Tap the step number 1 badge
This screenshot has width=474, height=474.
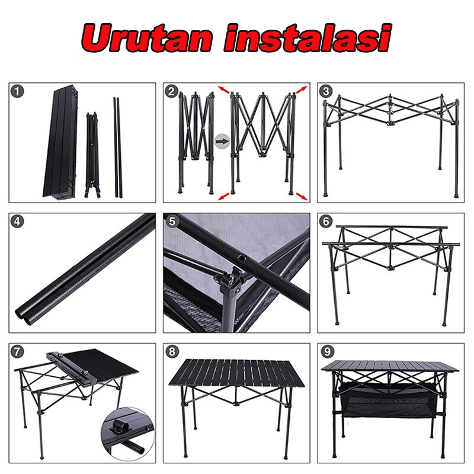coord(18,91)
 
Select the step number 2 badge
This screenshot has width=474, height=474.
coord(172,91)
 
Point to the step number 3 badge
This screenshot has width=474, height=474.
coord(326,91)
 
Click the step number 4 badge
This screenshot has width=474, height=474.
coord(18,222)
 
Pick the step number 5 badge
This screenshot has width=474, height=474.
coord(172,222)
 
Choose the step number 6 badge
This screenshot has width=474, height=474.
coord(326,222)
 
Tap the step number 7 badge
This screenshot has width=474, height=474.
coord(18,351)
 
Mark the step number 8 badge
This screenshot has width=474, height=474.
coord(172,351)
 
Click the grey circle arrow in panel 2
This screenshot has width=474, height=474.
coord(222,141)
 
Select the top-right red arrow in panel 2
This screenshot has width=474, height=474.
coord(302,90)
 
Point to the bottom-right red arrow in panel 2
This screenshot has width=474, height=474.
coord(302,196)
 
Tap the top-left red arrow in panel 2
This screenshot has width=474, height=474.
coord(224,90)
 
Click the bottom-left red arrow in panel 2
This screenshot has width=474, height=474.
coord(224,196)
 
